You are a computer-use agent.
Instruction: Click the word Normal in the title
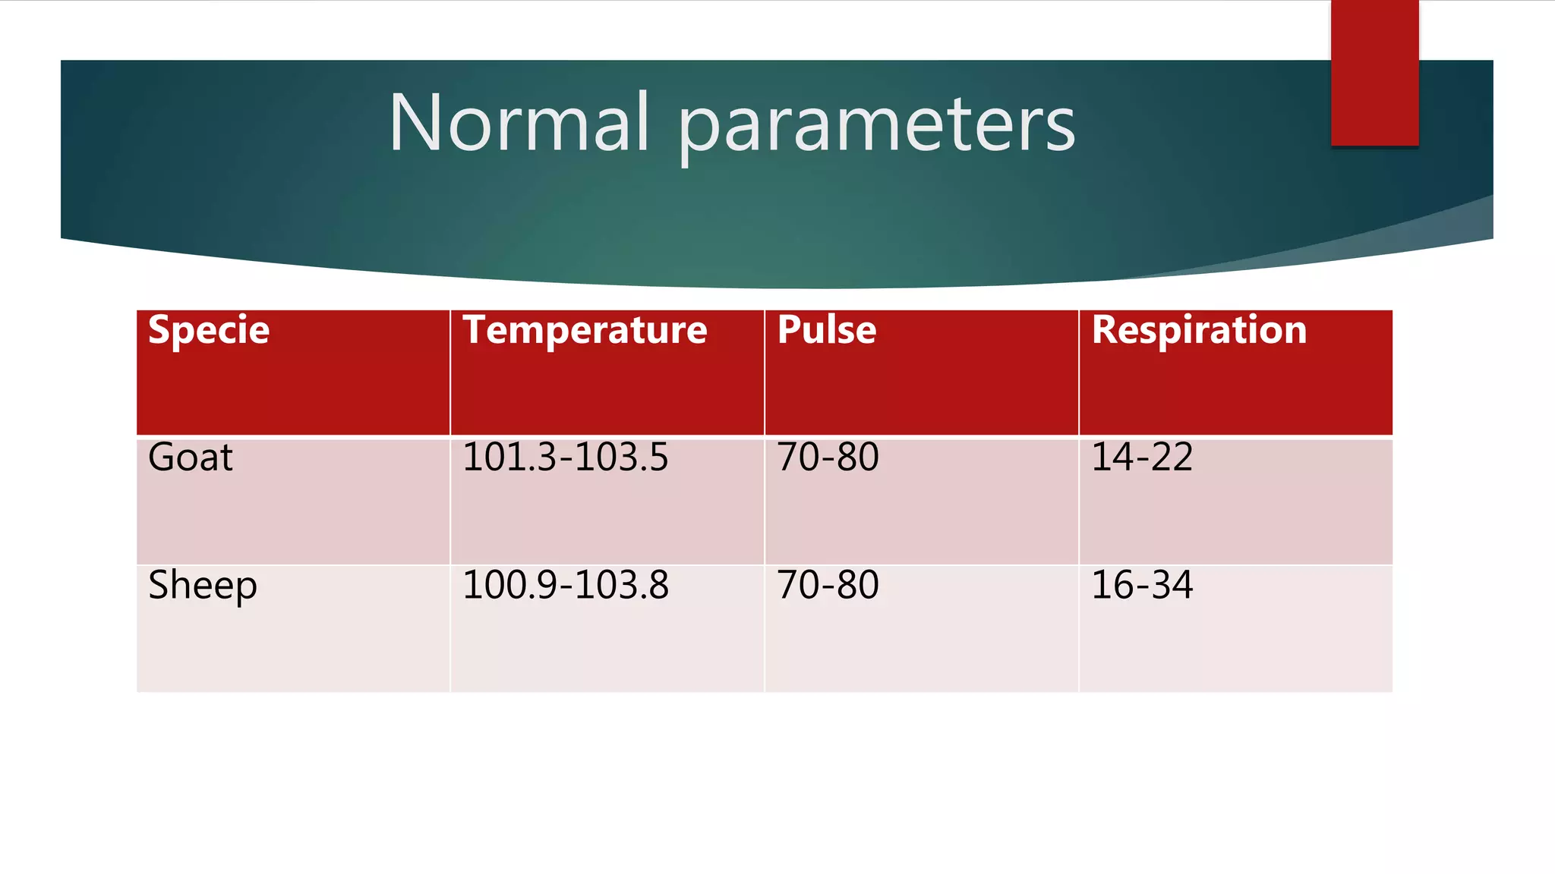tap(519, 123)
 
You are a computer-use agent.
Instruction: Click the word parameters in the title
tap(876, 125)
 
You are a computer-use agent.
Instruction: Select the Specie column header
tap(209, 330)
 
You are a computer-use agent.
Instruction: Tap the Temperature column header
tap(585, 331)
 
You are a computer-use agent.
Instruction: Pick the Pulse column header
tap(827, 330)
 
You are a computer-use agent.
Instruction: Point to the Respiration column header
tap(1199, 331)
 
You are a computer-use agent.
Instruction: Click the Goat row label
tap(191, 457)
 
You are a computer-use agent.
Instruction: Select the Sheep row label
tap(203, 586)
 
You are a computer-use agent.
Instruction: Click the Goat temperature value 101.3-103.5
tap(565, 457)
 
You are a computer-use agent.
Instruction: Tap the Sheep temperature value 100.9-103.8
tap(565, 585)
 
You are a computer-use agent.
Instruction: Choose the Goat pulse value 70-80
tap(828, 457)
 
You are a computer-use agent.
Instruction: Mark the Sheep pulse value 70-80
tap(828, 585)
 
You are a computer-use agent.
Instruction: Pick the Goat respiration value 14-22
tap(1142, 457)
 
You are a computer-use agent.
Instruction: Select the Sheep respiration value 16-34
tap(1142, 585)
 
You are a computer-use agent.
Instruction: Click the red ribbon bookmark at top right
tap(1374, 73)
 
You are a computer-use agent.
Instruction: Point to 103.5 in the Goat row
tap(626, 457)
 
